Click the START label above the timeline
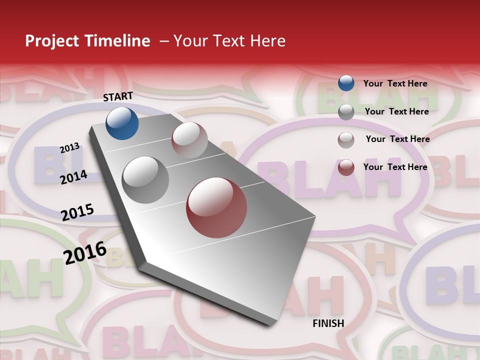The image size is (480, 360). [118, 96]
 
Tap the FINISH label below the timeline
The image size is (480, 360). [328, 323]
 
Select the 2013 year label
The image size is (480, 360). [69, 148]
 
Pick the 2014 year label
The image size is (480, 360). [73, 177]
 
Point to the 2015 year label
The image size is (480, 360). [77, 212]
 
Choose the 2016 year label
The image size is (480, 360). [85, 253]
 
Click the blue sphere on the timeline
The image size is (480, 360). [122, 123]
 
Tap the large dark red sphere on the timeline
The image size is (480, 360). [216, 207]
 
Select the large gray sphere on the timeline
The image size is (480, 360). [145, 179]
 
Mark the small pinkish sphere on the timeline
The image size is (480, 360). [189, 140]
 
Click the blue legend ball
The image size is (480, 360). [346, 83]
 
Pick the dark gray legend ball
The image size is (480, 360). [346, 112]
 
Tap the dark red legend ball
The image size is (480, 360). [346, 167]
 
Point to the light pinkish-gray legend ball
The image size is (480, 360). [346, 140]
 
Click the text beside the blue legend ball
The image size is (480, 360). [395, 83]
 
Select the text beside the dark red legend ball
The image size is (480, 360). [395, 167]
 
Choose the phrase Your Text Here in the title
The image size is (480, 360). [229, 41]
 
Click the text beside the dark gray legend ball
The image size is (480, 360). [396, 111]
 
